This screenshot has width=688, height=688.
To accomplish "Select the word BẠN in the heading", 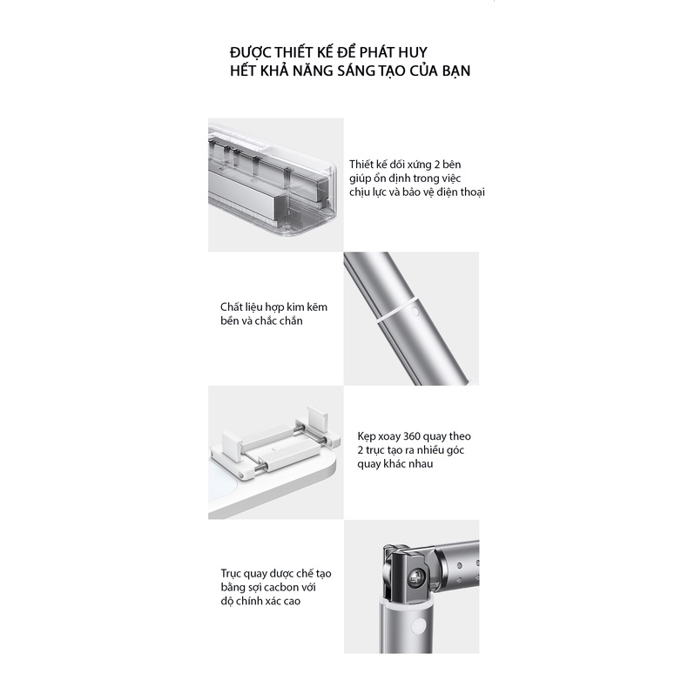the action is [x=455, y=71].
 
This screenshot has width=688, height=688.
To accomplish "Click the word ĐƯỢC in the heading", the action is [x=252, y=52].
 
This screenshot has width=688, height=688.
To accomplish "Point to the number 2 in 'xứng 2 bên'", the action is [x=436, y=165].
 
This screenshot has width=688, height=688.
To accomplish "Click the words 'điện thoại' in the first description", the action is [x=461, y=192].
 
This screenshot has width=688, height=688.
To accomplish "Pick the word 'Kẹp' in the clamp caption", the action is [x=367, y=436].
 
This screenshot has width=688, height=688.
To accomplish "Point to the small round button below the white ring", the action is [x=415, y=312].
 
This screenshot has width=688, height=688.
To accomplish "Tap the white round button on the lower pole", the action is [x=422, y=625].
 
